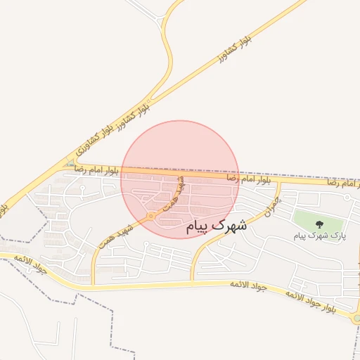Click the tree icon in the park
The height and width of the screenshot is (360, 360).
click(320, 225)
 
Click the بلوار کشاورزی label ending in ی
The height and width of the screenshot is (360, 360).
click(94, 137)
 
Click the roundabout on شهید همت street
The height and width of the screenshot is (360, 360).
click(152, 216)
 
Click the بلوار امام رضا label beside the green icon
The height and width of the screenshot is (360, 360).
click(93, 169)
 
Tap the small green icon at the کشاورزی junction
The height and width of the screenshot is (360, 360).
click(70, 164)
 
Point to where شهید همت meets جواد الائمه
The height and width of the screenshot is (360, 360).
click(93, 284)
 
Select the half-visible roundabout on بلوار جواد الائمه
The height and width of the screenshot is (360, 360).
click(356, 319)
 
